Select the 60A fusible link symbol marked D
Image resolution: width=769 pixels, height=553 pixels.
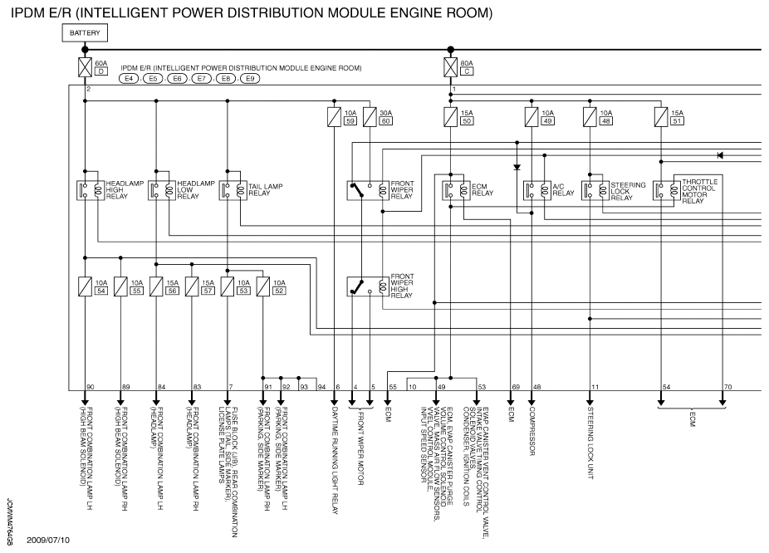click(x=85, y=67)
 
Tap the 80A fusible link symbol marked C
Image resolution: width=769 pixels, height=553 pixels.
click(x=449, y=67)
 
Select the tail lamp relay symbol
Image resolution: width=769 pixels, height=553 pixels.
click(x=228, y=189)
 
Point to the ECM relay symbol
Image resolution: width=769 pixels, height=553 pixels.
click(x=453, y=189)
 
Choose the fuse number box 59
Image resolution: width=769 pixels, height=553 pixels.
click(x=350, y=121)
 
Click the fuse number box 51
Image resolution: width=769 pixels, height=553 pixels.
click(x=677, y=121)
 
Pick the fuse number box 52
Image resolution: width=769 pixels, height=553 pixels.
click(x=279, y=291)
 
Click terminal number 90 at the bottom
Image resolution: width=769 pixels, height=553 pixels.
click(x=91, y=387)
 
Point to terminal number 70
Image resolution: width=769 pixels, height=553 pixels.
click(x=728, y=387)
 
